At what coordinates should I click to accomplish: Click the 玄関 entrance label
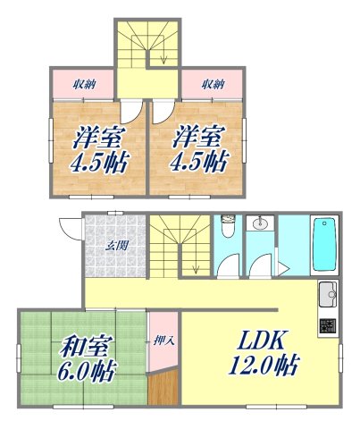point(115,245)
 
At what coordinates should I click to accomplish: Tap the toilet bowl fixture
point(229,227)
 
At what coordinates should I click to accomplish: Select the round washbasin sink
point(262,224)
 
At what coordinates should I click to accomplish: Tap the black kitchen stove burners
point(329,326)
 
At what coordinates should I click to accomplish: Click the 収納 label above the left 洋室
point(81,86)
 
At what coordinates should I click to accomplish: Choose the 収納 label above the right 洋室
point(212,86)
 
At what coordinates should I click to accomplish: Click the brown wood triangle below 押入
point(163,391)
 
